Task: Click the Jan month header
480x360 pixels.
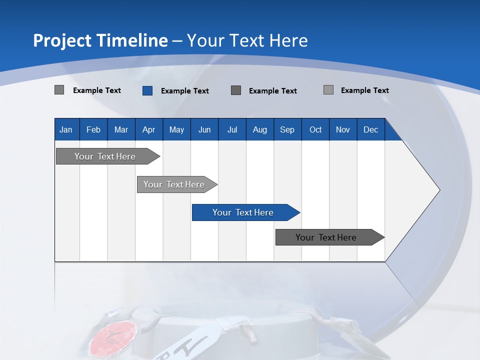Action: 66,129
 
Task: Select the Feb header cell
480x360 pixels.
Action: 93,129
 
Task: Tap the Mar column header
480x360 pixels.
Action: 121,129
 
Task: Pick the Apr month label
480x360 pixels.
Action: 149,129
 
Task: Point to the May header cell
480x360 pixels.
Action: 176,129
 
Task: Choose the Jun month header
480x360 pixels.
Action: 204,129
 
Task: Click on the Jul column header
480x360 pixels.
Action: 232,129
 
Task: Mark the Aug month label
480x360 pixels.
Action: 260,129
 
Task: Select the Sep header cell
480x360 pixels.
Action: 287,129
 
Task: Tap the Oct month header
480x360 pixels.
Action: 315,129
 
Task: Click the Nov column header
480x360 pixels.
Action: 343,129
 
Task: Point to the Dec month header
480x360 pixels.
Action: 371,129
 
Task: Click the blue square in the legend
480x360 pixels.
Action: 147,90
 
